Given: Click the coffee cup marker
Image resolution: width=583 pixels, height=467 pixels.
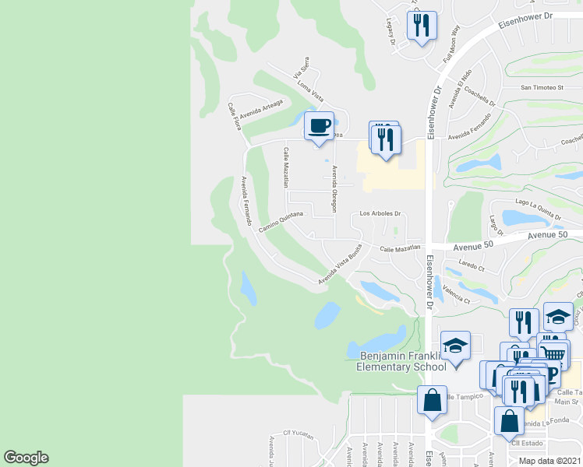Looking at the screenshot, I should point(318,126).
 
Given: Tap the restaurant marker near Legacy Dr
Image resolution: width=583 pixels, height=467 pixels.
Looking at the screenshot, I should point(422,25).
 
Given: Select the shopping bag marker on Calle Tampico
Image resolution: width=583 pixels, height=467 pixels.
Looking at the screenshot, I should point(432,401).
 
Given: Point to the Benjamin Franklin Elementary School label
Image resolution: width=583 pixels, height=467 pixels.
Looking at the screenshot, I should point(402,362).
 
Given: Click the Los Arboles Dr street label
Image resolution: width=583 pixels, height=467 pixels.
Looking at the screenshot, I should point(379,213).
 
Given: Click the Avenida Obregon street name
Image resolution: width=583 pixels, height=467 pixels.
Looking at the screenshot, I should point(334,188).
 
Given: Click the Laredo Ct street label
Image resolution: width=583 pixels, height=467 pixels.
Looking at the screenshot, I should point(471,266).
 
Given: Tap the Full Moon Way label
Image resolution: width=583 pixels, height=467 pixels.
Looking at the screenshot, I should point(451,50).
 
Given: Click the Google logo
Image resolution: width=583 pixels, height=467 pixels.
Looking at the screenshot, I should point(26,458).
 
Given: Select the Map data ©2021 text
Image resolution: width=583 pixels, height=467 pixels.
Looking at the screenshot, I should point(550,461).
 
